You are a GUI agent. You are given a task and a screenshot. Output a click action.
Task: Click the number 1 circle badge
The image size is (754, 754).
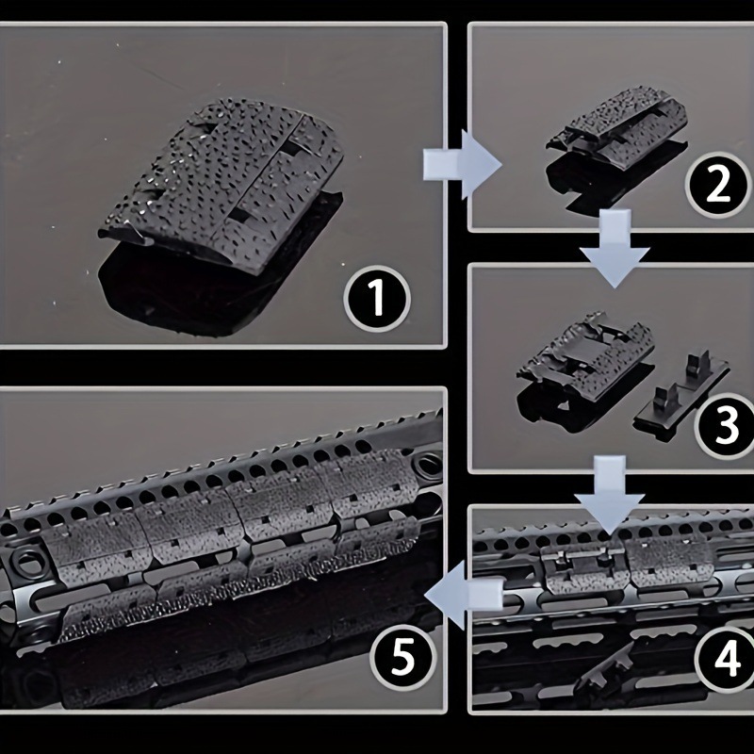click(x=378, y=299)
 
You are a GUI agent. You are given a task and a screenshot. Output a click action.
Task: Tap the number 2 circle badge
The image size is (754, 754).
click(x=718, y=185)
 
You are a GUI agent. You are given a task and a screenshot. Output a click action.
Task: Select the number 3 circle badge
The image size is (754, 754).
click(x=726, y=426)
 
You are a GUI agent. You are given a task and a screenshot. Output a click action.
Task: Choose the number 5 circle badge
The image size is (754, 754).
click(x=403, y=657)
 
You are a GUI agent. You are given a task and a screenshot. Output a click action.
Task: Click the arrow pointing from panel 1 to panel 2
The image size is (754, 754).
click(x=462, y=164)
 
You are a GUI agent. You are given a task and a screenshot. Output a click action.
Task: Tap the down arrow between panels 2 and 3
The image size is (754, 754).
click(x=615, y=248)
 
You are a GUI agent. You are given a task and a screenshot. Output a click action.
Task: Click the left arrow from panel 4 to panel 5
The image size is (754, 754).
click(x=464, y=596)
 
